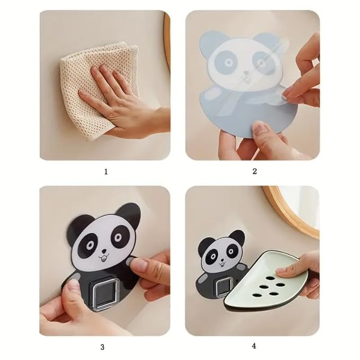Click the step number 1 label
106,172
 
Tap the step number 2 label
254,171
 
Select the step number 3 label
102,347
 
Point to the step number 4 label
254,346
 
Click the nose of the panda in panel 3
104,251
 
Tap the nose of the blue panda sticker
246,73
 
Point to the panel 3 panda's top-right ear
129,214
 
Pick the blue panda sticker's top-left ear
210,41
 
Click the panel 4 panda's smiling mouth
222,265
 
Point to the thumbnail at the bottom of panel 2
258,128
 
